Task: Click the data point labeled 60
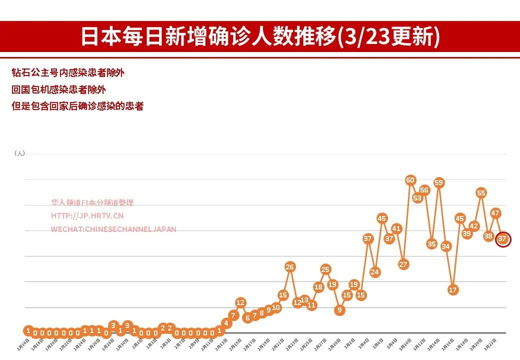click(x=410, y=180)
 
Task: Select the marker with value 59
click(x=439, y=182)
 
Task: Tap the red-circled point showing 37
click(x=503, y=239)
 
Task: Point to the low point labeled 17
click(x=453, y=290)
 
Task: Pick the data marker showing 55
click(x=481, y=193)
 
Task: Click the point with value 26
click(x=290, y=267)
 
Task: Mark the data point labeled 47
click(x=495, y=213)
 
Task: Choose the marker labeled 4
click(x=226, y=323)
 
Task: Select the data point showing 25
click(x=325, y=269)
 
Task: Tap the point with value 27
click(x=403, y=264)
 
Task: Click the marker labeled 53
click(x=417, y=198)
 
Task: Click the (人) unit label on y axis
click(x=19, y=153)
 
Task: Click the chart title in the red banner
click(x=260, y=37)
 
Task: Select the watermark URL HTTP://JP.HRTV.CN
click(x=87, y=216)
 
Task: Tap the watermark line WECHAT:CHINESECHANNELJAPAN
click(x=113, y=229)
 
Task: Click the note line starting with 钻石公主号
click(x=68, y=73)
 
